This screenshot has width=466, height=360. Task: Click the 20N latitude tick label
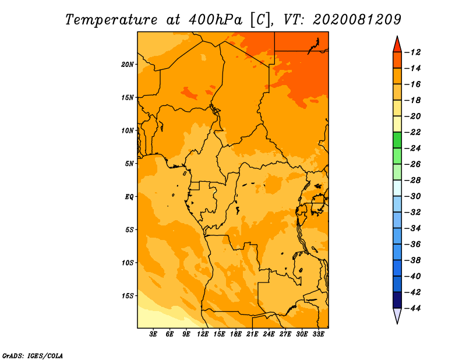coord(128,65)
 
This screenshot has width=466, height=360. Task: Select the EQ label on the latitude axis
coord(129,197)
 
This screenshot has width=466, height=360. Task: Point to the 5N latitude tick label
coord(129,164)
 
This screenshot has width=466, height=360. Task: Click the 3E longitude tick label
coord(153,334)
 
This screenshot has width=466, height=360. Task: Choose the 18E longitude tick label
coord(236,334)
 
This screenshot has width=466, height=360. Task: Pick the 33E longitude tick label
coord(318,334)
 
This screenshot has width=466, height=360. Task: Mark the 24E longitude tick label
coord(269,334)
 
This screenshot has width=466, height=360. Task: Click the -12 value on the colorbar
coord(412,52)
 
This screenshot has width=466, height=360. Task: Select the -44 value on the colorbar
coord(412,308)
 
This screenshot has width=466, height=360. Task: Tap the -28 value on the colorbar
coord(412,181)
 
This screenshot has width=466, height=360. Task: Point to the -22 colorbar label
coord(412,132)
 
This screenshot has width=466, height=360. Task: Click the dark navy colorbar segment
coord(397,300)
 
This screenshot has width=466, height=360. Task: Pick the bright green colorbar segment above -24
coord(397,140)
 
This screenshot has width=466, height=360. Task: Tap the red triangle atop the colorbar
coord(397,45)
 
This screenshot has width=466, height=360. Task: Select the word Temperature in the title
coord(111,20)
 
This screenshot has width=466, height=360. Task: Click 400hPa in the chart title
coord(216,20)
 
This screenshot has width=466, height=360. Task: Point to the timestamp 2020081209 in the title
coord(357,20)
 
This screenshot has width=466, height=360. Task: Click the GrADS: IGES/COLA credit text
coord(33,355)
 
